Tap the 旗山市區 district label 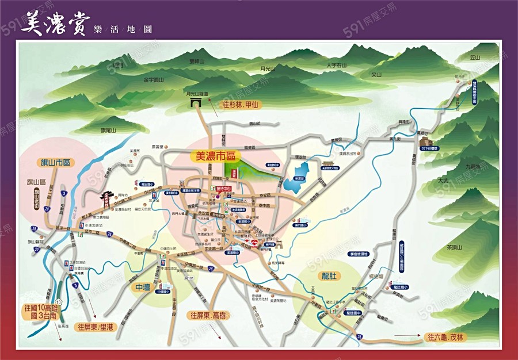click(55, 163)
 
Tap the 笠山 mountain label click(475, 58)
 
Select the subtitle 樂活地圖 click(122, 29)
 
